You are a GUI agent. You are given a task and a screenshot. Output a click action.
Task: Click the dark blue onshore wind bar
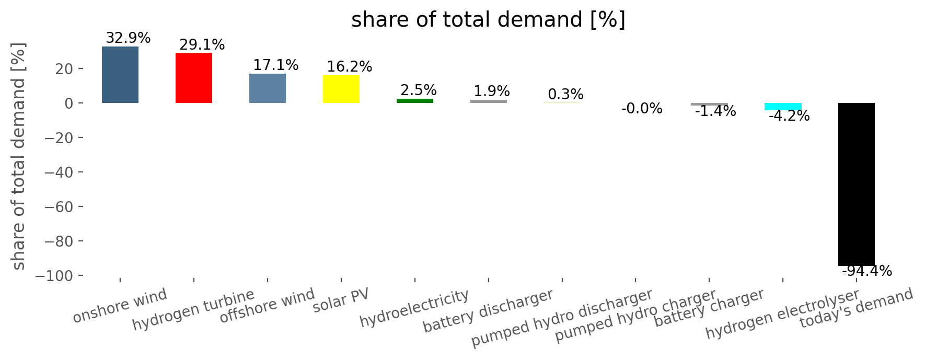(x=120, y=75)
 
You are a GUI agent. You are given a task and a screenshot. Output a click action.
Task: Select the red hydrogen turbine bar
(x=194, y=78)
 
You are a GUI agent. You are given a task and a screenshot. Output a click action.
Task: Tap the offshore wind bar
(x=268, y=88)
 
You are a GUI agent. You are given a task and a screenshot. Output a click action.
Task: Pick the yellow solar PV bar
(x=341, y=89)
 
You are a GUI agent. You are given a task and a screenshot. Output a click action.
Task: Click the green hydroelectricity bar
(x=415, y=101)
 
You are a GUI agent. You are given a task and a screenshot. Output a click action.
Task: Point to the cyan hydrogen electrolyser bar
(x=783, y=107)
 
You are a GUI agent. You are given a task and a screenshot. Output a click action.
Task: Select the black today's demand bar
(x=857, y=184)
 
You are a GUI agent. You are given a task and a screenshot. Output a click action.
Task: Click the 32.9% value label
(x=128, y=38)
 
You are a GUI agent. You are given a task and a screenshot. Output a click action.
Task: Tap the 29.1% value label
(x=202, y=45)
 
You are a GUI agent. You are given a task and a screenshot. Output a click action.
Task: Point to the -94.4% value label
(x=867, y=271)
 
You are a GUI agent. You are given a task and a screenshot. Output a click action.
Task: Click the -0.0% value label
(x=642, y=109)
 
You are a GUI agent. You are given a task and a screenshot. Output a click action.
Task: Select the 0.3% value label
(x=565, y=95)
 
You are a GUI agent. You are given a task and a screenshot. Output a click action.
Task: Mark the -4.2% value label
(x=789, y=116)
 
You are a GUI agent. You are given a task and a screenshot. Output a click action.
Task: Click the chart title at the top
(x=488, y=20)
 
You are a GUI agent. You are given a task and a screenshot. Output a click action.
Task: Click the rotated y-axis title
(x=18, y=156)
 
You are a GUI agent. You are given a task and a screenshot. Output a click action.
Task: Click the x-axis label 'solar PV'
(x=341, y=300)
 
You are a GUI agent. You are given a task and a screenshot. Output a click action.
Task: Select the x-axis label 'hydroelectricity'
(x=414, y=308)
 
